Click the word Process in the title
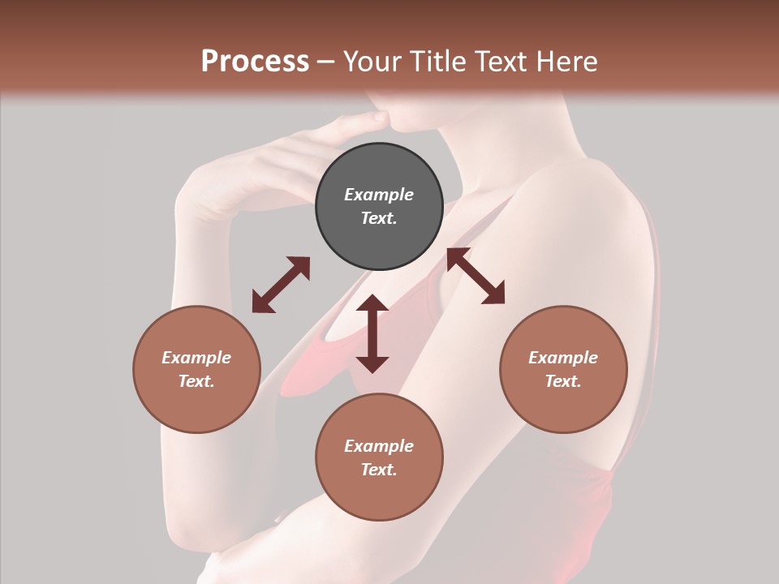click(255, 62)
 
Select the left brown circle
click(196, 369)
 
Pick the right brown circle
click(563, 369)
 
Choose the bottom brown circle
click(379, 457)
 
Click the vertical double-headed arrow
click(372, 333)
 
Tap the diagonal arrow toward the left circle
click(281, 285)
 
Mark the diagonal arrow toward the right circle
click(476, 276)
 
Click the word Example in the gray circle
click(379, 195)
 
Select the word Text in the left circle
click(196, 381)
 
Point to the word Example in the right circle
click(563, 358)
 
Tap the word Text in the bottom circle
click(379, 470)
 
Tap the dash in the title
click(325, 62)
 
